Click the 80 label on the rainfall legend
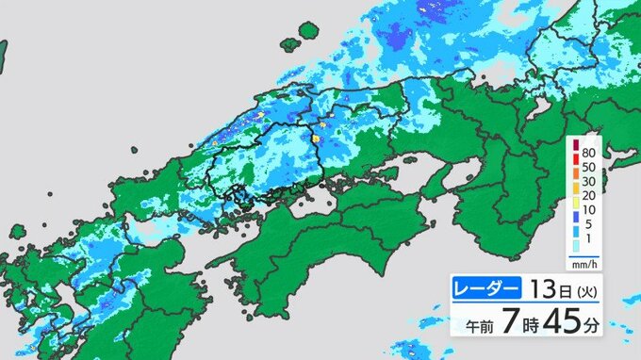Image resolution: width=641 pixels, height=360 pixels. pos(589,151)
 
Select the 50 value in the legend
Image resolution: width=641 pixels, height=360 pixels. pos(589,166)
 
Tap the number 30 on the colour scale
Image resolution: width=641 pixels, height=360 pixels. pos(589,181)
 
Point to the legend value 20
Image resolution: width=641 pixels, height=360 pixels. pos(589,196)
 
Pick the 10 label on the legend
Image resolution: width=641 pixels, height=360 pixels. pos(589,211)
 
